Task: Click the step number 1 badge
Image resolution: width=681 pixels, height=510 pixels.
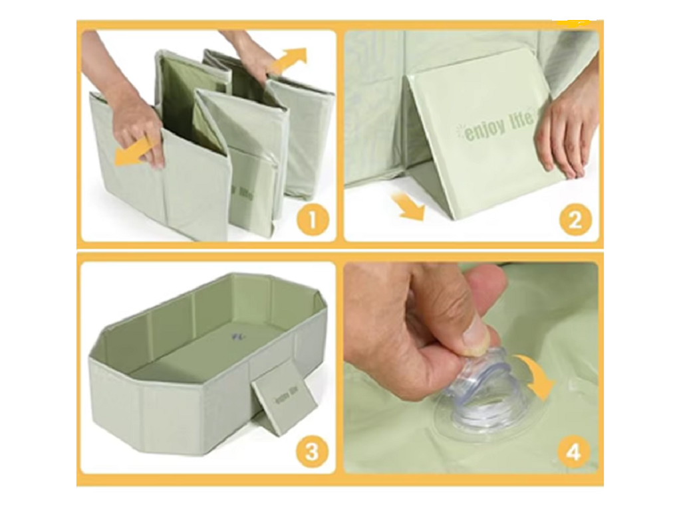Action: point(313,220)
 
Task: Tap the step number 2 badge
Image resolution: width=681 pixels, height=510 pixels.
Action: point(575,220)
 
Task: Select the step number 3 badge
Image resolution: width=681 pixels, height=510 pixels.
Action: point(313,452)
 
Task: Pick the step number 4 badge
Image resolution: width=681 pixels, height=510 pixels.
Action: point(574,452)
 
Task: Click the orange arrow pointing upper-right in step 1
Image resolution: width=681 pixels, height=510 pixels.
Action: point(290,60)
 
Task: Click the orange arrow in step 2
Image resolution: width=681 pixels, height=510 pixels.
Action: point(408,207)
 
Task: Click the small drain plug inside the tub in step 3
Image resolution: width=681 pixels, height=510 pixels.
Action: point(239,337)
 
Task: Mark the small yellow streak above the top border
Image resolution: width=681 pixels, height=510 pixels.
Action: point(574,22)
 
